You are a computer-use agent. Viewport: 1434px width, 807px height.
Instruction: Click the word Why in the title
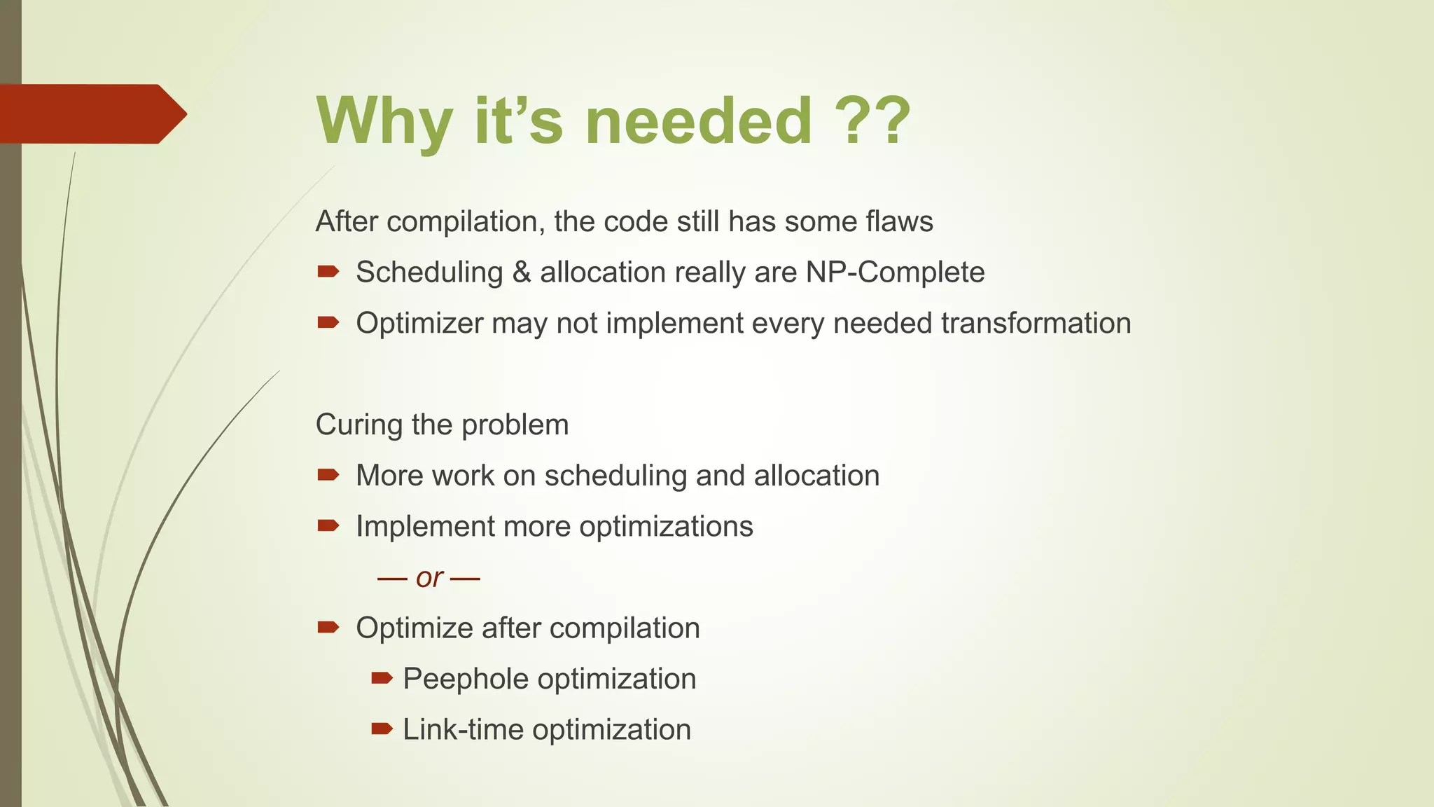tap(384, 120)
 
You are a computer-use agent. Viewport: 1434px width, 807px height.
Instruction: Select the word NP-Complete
tap(895, 272)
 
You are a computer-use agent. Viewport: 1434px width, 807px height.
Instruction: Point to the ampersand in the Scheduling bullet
tap(521, 272)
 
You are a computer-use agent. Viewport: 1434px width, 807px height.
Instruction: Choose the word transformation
tap(1036, 323)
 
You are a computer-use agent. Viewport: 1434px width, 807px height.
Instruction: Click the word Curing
tap(359, 425)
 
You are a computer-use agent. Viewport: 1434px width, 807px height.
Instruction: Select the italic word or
tap(429, 578)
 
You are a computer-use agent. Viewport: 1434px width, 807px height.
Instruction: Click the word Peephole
tap(466, 679)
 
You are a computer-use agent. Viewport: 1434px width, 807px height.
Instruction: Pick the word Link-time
tap(463, 729)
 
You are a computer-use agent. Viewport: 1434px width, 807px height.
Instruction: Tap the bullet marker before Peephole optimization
tap(382, 677)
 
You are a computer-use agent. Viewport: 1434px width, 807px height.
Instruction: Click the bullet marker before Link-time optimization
tap(382, 729)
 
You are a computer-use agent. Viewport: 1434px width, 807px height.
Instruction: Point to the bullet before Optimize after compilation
tap(328, 627)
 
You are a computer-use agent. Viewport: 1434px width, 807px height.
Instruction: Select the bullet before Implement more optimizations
tap(328, 525)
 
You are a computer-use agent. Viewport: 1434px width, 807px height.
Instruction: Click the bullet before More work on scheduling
tap(328, 475)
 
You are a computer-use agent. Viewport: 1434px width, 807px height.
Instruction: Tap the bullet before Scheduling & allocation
tap(328, 271)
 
